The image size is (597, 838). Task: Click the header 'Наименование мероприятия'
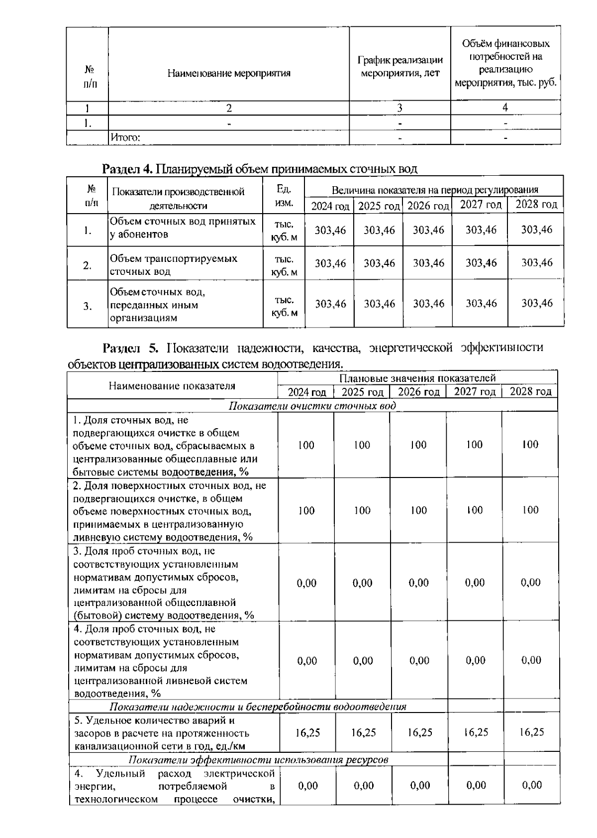[x=228, y=74]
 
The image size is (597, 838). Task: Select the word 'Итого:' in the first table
[x=125, y=137]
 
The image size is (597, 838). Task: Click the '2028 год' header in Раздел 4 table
[x=536, y=204]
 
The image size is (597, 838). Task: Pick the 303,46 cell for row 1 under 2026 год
[x=428, y=230]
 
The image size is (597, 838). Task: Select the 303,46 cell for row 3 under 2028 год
[x=536, y=303]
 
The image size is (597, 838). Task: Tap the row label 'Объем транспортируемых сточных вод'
[x=173, y=265]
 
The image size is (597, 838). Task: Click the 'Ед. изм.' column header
[x=283, y=196]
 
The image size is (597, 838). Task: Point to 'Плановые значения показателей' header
[x=417, y=378]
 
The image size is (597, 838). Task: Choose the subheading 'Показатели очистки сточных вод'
[x=312, y=406]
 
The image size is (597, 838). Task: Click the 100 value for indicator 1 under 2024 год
[x=306, y=445]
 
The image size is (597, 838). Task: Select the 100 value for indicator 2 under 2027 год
[x=474, y=510]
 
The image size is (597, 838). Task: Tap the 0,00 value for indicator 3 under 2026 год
[x=418, y=583]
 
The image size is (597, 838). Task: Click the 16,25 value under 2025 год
[x=363, y=732]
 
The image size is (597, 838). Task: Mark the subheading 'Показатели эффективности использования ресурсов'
[x=258, y=760]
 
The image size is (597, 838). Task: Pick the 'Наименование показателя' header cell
[x=172, y=385]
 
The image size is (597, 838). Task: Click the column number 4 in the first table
[x=505, y=108]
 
